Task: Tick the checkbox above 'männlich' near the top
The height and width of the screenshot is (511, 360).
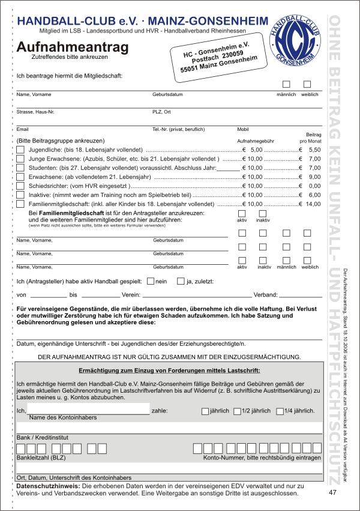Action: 286,85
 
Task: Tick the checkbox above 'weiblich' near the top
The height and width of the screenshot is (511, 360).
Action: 307,85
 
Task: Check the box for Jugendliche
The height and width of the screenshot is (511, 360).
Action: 20,149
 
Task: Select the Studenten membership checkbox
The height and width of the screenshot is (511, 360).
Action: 20,168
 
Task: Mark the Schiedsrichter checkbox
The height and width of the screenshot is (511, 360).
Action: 20,186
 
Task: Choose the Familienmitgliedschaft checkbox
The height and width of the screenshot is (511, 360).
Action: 20,204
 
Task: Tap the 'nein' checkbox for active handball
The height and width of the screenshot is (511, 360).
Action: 151,280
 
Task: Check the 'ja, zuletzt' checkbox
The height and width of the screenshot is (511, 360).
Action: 181,280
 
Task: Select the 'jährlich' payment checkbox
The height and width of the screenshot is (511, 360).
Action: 205,411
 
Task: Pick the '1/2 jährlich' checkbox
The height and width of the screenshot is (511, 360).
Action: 236,411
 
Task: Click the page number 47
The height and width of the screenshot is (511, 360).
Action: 333,492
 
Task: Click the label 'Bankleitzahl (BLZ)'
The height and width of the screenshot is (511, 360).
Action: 41,458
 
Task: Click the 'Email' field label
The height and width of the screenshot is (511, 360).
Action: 23,129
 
